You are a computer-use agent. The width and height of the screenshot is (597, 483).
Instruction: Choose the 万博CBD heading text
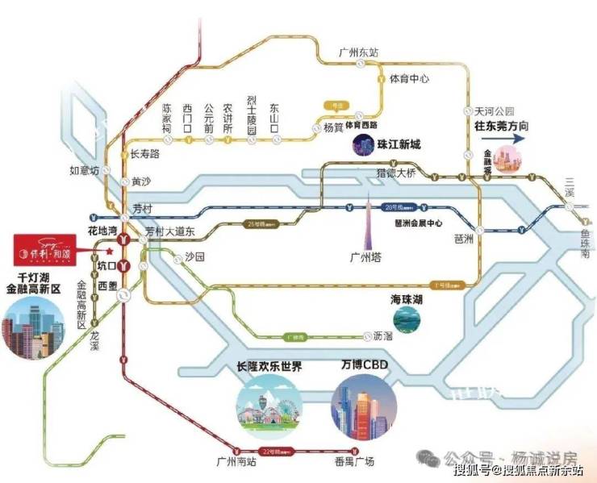[365, 366]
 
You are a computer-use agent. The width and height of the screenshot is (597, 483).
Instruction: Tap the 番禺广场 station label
[356, 463]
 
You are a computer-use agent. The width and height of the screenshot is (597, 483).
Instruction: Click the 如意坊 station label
[85, 171]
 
